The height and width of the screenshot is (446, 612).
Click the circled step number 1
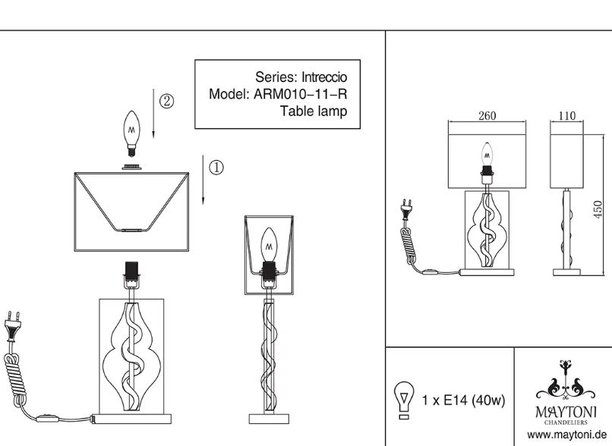216,167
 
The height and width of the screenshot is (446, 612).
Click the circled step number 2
166,101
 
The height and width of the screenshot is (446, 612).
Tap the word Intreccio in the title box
324,77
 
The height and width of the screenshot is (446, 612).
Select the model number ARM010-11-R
300,94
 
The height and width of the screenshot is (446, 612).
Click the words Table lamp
314,111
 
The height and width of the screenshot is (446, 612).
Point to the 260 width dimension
487,116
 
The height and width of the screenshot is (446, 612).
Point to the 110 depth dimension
566,116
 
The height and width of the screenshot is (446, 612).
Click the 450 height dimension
598,209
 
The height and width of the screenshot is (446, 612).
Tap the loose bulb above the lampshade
131,133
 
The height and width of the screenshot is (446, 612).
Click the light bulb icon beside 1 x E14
404,400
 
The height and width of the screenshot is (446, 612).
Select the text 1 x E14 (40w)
463,400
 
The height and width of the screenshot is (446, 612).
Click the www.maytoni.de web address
566,435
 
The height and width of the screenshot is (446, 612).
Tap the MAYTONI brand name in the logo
566,412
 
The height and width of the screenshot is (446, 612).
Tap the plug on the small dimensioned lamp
407,209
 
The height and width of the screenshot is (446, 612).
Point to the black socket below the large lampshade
131,270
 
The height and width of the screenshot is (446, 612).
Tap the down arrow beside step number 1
203,179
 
